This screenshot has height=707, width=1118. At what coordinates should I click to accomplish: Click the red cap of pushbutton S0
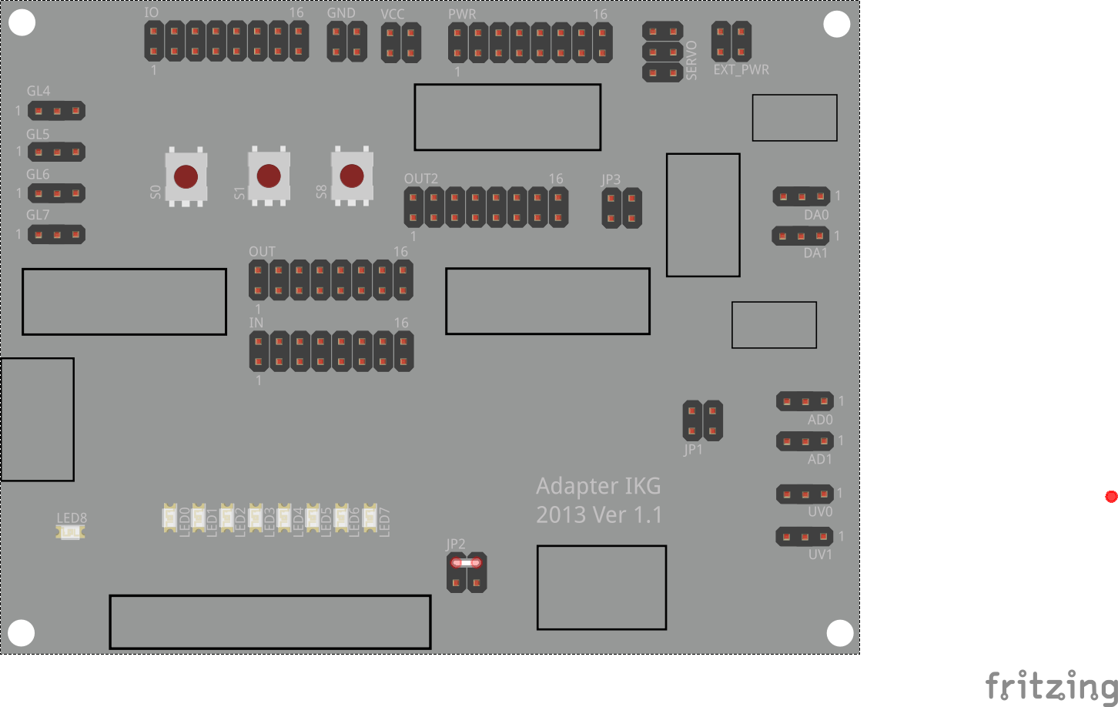(186, 177)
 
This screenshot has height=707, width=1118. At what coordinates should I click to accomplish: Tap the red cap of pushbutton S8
(351, 176)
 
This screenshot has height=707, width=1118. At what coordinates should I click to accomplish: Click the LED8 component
(70, 533)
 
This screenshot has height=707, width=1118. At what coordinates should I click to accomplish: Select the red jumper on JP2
(466, 563)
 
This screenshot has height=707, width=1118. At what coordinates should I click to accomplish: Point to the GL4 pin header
(56, 111)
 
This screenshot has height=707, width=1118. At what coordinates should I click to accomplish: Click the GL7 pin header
(56, 235)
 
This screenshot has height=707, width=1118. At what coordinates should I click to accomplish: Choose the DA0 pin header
(802, 196)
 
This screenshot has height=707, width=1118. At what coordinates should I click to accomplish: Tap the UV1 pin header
(805, 537)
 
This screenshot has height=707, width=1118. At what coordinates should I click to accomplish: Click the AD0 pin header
(805, 401)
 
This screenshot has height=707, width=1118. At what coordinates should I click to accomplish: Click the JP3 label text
(611, 179)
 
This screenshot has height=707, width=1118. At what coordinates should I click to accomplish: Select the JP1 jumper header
(702, 421)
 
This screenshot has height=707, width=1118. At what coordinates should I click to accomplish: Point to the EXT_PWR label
(741, 70)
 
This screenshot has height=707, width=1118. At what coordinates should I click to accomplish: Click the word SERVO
(691, 60)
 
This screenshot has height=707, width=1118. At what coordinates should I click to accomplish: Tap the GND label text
(341, 13)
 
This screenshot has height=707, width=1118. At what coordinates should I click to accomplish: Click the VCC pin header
(401, 42)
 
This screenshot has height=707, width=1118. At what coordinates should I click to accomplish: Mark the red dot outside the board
(1111, 497)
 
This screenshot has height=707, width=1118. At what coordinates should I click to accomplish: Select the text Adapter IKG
(598, 486)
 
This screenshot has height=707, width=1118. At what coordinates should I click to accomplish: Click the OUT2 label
(420, 179)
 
